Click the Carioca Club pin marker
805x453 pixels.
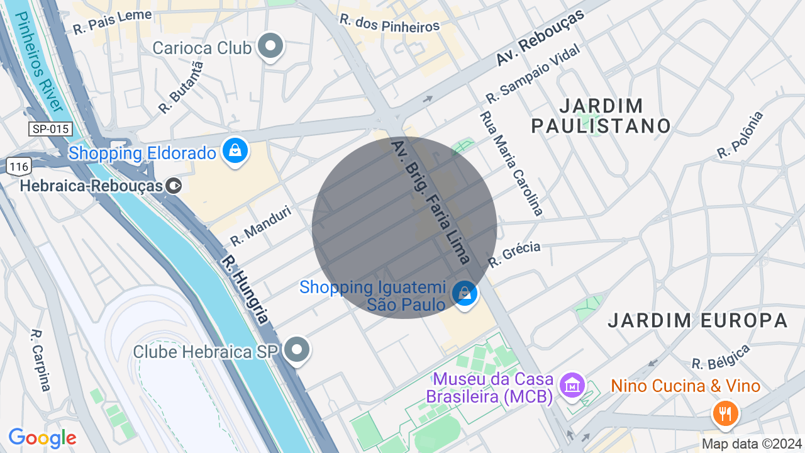pyautogui.click(x=272, y=46)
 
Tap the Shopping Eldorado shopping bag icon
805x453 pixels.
pyautogui.click(x=235, y=152)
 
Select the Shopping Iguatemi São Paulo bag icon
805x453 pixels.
pyautogui.click(x=465, y=294)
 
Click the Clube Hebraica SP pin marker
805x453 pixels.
pyautogui.click(x=297, y=350)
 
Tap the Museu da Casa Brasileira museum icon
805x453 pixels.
pyautogui.click(x=572, y=384)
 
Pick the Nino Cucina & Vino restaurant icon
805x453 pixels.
pyautogui.click(x=725, y=413)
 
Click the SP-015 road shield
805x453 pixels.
pyautogui.click(x=51, y=129)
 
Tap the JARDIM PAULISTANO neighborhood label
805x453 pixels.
pyautogui.click(x=601, y=116)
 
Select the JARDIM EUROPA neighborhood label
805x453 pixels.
pyautogui.click(x=697, y=320)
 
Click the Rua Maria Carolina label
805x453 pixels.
pyautogui.click(x=511, y=163)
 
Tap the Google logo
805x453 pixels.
pyautogui.click(x=42, y=438)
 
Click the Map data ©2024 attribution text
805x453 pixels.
pyautogui.click(x=752, y=444)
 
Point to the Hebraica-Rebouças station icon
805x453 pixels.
pyautogui.click(x=175, y=186)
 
